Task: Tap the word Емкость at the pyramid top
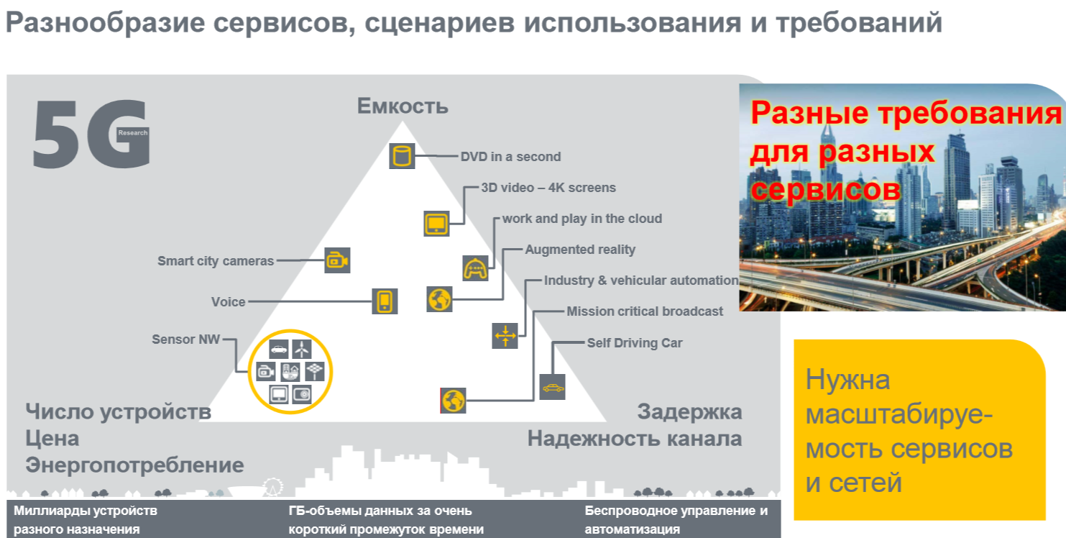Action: [x=403, y=106]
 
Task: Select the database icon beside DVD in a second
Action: [x=402, y=156]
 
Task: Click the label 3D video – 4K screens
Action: [x=548, y=188]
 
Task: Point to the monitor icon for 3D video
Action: [x=436, y=223]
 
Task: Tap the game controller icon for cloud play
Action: [x=475, y=268]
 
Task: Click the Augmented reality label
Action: [x=580, y=250]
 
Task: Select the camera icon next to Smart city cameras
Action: [x=336, y=260]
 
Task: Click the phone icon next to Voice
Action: [x=385, y=301]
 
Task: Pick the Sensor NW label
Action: [x=185, y=339]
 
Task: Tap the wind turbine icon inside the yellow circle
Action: [x=303, y=350]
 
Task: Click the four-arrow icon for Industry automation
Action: [x=505, y=335]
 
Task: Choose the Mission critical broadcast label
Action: [x=645, y=311]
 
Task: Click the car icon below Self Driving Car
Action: [x=552, y=387]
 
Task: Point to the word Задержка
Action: [x=689, y=412]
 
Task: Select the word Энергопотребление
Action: [x=134, y=465]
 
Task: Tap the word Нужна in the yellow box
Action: [x=847, y=379]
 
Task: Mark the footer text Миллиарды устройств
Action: [x=85, y=511]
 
